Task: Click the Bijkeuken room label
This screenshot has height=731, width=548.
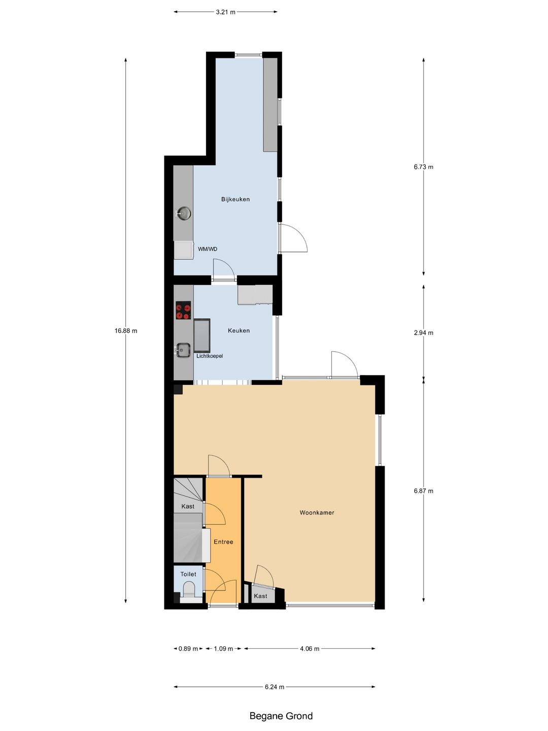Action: tap(235, 200)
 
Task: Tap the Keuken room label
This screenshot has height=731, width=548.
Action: tap(238, 330)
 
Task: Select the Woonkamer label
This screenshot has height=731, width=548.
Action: tap(317, 513)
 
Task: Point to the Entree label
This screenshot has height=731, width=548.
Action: tap(223, 542)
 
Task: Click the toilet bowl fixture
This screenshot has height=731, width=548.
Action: tap(189, 590)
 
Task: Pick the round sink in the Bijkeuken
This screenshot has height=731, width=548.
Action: tap(183, 213)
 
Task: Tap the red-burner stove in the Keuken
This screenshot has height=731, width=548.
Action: tap(183, 310)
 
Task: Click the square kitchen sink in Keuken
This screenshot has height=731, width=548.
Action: tap(183, 349)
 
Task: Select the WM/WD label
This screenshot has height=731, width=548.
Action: tap(208, 249)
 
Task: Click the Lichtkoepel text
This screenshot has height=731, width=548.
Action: tap(210, 356)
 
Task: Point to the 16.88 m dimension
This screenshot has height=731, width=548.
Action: tap(126, 331)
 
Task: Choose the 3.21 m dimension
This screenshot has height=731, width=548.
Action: tap(225, 12)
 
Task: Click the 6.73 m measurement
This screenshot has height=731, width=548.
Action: tap(423, 167)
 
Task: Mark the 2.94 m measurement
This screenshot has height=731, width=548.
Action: tap(423, 333)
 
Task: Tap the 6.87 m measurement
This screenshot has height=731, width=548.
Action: tap(423, 491)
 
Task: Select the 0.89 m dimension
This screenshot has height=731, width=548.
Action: tap(188, 649)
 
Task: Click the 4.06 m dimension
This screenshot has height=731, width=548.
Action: tap(310, 649)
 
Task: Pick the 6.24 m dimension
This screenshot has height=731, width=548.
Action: tap(274, 687)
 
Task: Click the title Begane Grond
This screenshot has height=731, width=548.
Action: tap(281, 716)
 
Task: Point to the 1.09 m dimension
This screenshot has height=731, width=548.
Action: tap(223, 649)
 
